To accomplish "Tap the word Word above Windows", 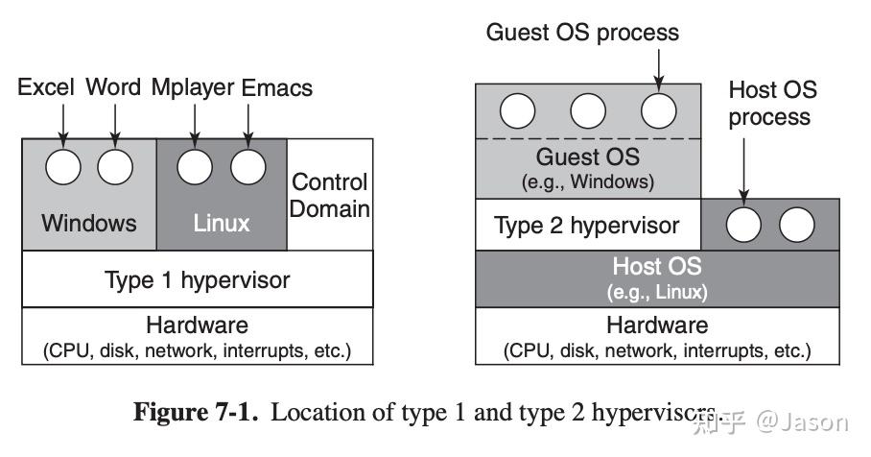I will [114, 88].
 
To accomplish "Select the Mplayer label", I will [192, 88].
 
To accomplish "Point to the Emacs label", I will [277, 88].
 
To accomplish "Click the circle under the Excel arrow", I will [64, 167].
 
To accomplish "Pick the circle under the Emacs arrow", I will [248, 167].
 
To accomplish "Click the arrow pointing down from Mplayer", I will [196, 123].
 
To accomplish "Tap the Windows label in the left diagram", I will [89, 223].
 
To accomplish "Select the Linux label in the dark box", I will [222, 223].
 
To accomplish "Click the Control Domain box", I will [330, 194].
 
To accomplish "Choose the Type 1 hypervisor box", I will [197, 280].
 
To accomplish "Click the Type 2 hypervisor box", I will [587, 226].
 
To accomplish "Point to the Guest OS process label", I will [582, 32].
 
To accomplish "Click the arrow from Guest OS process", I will [659, 67].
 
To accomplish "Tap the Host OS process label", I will [772, 103].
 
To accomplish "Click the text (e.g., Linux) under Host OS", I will [657, 291].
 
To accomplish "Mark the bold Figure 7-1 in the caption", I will [197, 414].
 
